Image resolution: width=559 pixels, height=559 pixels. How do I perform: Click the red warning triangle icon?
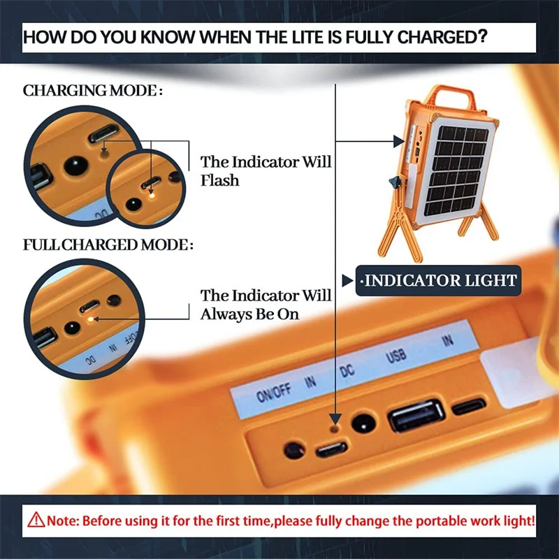point(36,520)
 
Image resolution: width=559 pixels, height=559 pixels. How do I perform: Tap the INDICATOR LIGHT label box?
point(438,281)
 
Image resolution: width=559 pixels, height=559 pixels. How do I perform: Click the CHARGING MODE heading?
point(93,91)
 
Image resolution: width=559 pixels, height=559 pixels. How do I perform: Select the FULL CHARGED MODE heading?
point(108,245)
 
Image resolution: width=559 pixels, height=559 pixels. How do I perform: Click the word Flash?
point(219,180)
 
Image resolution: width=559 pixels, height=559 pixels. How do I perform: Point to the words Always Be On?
point(249,314)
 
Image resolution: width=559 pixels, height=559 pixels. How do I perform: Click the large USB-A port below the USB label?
point(416,416)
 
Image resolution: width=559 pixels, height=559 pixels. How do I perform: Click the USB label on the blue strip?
point(395,356)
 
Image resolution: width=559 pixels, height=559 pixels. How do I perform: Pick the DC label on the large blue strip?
point(347,371)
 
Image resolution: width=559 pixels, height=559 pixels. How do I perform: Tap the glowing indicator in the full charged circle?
point(91,319)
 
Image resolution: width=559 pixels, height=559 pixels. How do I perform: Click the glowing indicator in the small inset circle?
point(152,196)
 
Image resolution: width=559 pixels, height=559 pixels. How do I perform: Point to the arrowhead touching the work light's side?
point(399,141)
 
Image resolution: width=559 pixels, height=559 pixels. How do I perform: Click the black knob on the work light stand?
point(395,183)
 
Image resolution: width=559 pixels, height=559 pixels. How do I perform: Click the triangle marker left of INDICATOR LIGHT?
point(347,281)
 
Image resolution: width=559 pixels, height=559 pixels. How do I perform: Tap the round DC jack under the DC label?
point(363,423)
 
